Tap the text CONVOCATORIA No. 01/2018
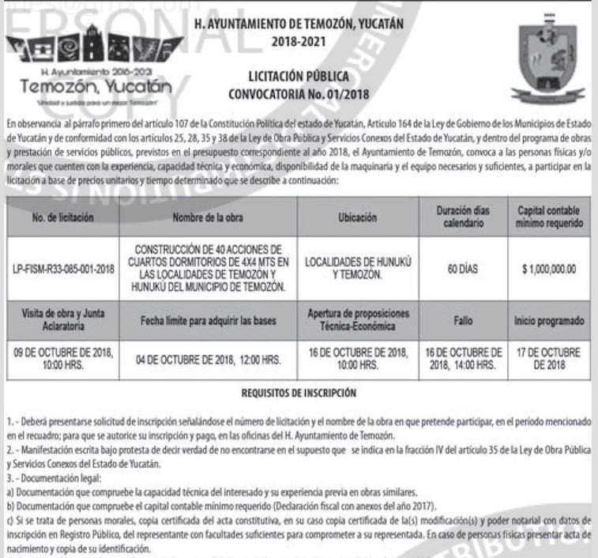pyautogui.click(x=299, y=95)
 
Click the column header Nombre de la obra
pyautogui.click(x=209, y=216)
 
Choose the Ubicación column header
pyautogui.click(x=356, y=216)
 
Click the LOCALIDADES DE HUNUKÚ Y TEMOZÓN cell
pyautogui.click(x=356, y=270)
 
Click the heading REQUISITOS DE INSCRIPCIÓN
pyautogui.click(x=299, y=391)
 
